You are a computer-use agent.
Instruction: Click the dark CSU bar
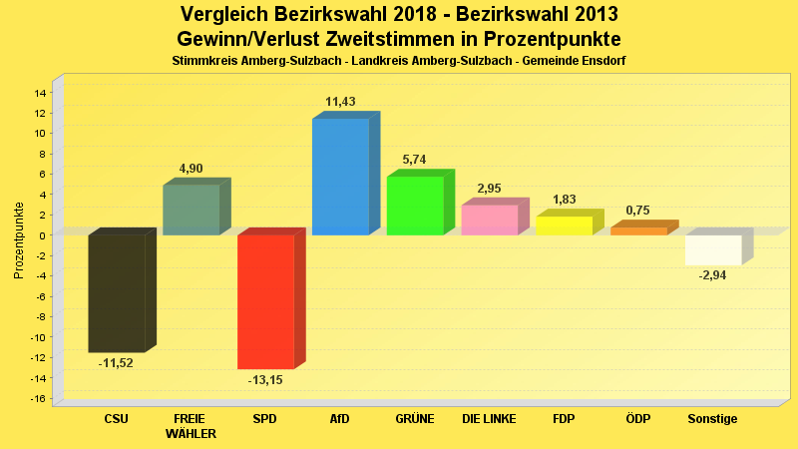click(117, 293)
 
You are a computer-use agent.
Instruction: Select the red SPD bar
click(265, 301)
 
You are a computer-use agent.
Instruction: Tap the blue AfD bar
click(340, 177)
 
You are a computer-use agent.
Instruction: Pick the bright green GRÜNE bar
click(415, 206)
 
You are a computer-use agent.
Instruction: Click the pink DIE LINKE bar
click(489, 221)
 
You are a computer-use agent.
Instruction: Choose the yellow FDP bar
click(564, 225)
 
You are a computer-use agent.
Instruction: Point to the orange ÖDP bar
click(638, 230)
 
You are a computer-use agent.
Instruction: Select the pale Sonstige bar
click(713, 249)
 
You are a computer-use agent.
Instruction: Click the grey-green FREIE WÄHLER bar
click(191, 210)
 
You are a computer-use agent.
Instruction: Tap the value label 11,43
click(340, 102)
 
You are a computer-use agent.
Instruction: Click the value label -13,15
click(265, 380)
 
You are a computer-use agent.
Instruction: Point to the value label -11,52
click(116, 362)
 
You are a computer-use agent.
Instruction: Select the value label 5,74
click(414, 160)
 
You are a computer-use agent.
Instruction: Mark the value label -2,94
click(712, 275)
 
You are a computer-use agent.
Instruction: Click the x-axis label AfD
click(340, 419)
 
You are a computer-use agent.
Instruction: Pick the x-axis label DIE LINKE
click(489, 419)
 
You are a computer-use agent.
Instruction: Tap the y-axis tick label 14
click(40, 93)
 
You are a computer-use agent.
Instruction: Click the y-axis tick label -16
click(38, 399)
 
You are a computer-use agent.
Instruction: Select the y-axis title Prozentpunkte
click(19, 241)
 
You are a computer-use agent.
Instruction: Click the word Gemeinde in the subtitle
click(534, 61)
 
